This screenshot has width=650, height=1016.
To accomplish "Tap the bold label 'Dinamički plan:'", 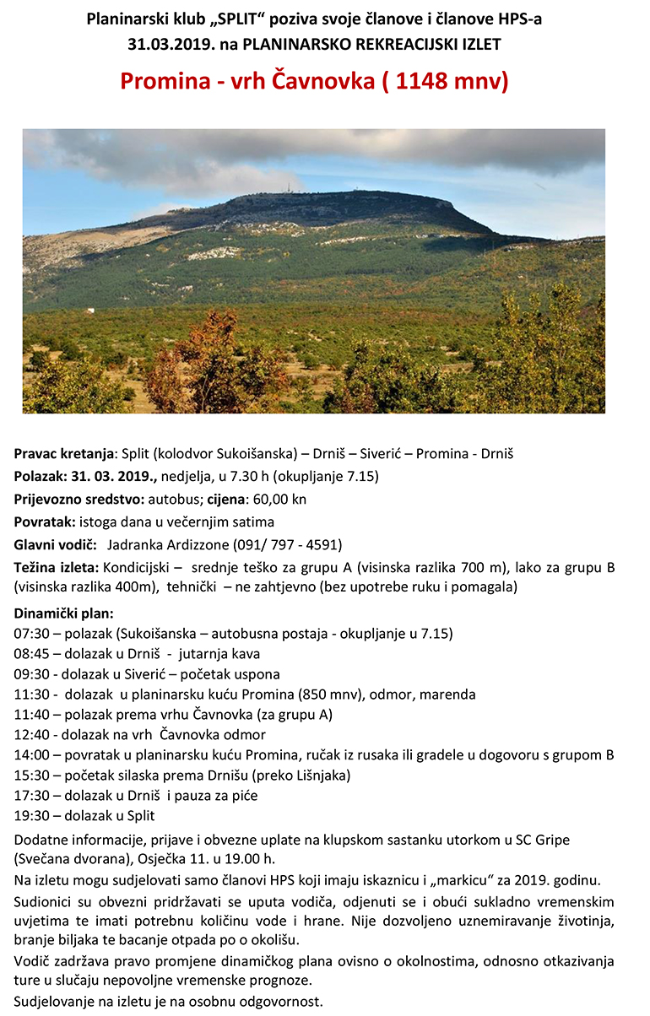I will tap(63, 613).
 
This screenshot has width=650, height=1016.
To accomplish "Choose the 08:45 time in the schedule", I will tap(31, 654).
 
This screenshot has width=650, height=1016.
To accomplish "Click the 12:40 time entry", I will tap(31, 735).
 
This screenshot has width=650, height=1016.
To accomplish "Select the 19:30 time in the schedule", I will tap(31, 816).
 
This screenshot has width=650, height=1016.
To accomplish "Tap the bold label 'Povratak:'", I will tap(46, 522).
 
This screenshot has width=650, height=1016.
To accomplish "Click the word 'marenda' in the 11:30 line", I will tap(448, 694).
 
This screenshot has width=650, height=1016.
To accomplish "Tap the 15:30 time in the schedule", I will tap(31, 776).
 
